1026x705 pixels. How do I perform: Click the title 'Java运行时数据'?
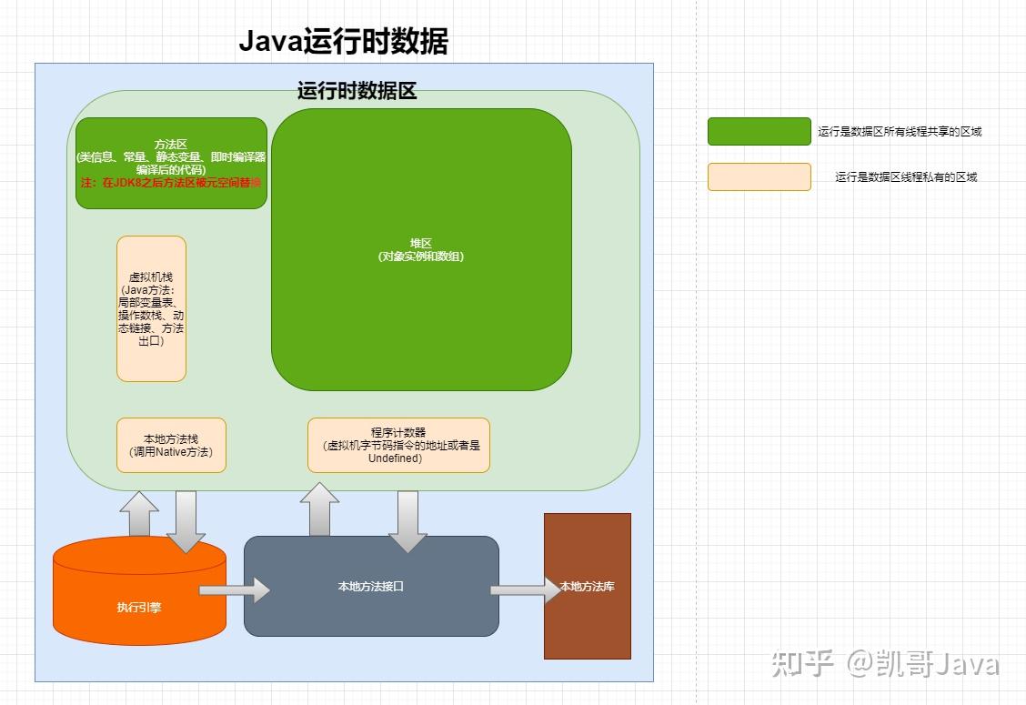pos(343,42)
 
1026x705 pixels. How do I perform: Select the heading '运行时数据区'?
pos(357,91)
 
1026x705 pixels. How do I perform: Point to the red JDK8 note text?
pos(171,183)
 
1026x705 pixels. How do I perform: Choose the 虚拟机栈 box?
pos(151,308)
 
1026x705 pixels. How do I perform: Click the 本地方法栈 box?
pos(171,445)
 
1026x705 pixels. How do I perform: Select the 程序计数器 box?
pos(398,445)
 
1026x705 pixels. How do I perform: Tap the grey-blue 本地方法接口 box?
pos(371,586)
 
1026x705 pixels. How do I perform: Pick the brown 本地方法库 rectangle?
pos(587,586)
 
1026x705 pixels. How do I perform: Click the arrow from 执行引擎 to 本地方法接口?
pos(235,589)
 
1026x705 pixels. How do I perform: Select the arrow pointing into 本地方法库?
pos(527,589)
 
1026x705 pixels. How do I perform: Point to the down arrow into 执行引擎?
pos(186,520)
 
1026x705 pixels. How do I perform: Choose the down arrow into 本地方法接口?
pos(407,520)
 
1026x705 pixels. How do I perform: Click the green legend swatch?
pos(759,131)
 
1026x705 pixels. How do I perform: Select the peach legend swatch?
pos(759,176)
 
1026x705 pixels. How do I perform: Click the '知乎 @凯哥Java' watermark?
pos(885,663)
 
